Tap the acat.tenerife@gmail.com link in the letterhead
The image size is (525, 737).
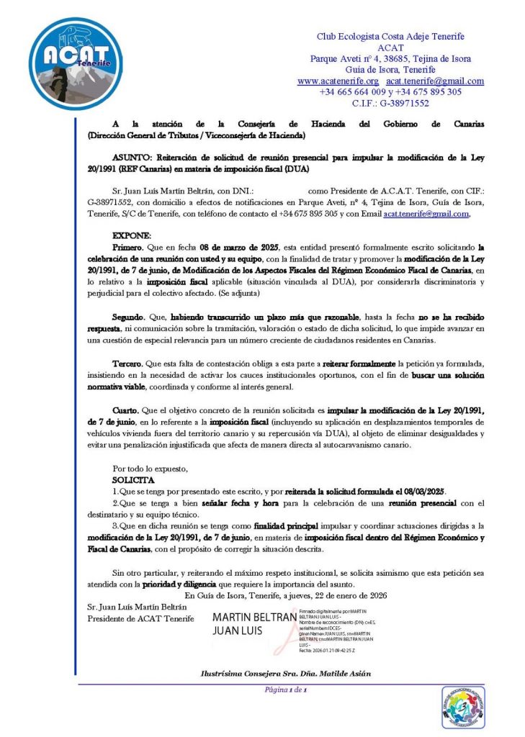tap(435, 81)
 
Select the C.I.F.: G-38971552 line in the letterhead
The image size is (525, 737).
tap(390, 103)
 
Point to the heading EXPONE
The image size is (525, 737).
tap(132, 235)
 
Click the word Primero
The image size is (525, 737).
tap(127, 246)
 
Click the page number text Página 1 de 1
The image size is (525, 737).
tap(286, 691)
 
